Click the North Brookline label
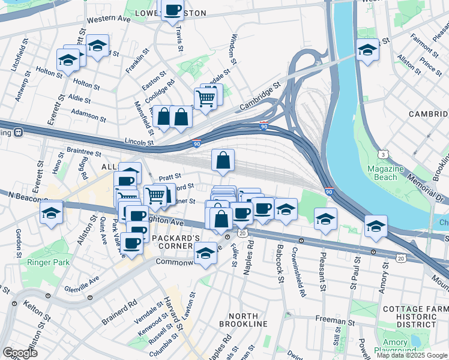(x=247, y=319)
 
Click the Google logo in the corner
(x=20, y=352)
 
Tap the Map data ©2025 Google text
(x=412, y=355)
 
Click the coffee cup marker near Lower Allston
(x=172, y=10)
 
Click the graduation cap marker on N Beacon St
(x=52, y=212)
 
